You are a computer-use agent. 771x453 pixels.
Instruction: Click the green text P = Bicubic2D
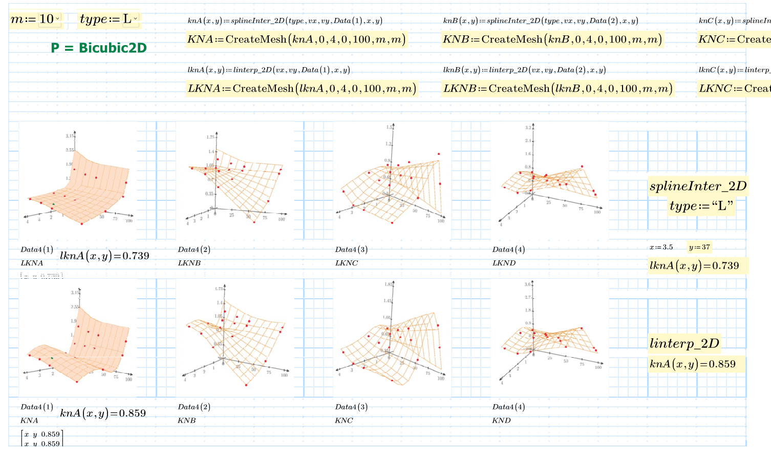99,48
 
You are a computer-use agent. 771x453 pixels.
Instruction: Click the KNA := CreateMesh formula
296,39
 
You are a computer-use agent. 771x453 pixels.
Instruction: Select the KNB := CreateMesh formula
552,39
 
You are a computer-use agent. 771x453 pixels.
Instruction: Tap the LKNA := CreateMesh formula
302,89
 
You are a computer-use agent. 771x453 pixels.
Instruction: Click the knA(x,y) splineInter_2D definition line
285,21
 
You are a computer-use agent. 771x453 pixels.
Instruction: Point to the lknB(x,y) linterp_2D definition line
524,70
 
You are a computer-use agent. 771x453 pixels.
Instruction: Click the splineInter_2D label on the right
698,186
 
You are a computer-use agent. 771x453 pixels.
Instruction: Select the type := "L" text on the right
701,206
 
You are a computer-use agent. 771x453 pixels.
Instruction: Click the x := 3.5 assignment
661,248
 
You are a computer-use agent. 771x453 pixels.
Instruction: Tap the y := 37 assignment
699,248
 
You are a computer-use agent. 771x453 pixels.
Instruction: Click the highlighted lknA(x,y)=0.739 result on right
694,266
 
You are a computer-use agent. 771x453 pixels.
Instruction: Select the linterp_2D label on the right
684,343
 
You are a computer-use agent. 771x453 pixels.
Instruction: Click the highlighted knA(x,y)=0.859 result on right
692,364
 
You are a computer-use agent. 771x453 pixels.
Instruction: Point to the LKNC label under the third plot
347,263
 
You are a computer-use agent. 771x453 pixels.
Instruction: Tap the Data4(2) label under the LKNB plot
194,250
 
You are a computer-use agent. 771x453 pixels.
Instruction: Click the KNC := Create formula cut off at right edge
734,39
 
